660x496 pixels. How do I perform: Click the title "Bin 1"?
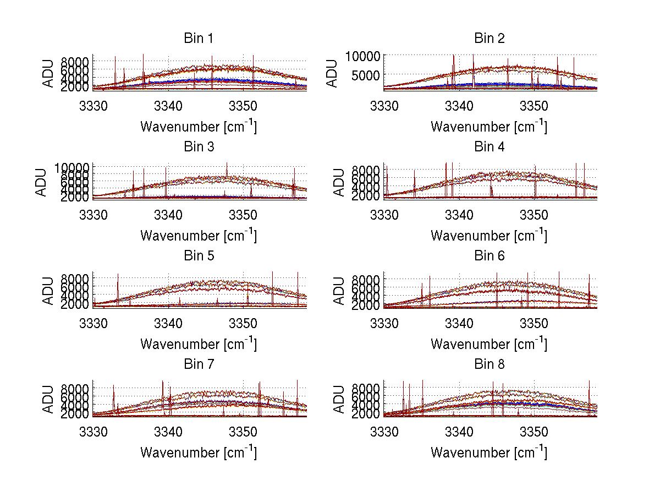pyautogui.click(x=199, y=39)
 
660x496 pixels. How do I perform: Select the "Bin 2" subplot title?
pyautogui.click(x=489, y=39)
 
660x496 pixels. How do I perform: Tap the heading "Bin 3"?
pyautogui.click(x=199, y=147)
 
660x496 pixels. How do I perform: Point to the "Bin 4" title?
pyautogui.click(x=489, y=147)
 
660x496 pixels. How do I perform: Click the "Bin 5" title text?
pyautogui.click(x=199, y=256)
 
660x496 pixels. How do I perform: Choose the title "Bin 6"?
pyautogui.click(x=489, y=256)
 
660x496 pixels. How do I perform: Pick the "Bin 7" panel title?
pyautogui.click(x=199, y=364)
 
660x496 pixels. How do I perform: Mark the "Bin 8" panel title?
pyautogui.click(x=489, y=364)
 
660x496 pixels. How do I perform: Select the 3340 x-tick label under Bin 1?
pyautogui.click(x=168, y=105)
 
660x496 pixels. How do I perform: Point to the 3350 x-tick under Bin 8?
pyautogui.click(x=533, y=431)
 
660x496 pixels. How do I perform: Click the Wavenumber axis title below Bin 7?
pyautogui.click(x=199, y=453)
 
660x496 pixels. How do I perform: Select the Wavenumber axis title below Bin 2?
pyautogui.click(x=489, y=127)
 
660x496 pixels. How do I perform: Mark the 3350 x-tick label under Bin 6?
pyautogui.click(x=533, y=323)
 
